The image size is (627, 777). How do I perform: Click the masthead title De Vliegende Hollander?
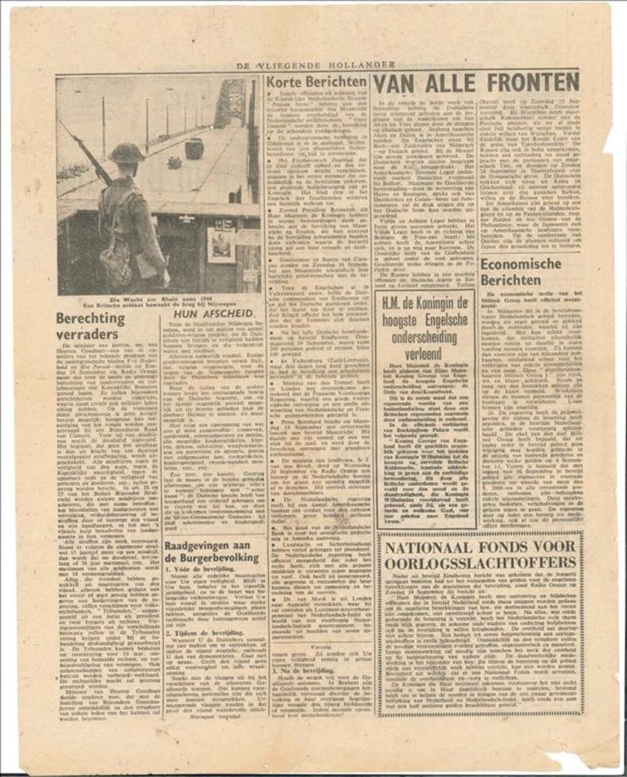(x=315, y=65)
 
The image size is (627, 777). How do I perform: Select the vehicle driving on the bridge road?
(x=194, y=148)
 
